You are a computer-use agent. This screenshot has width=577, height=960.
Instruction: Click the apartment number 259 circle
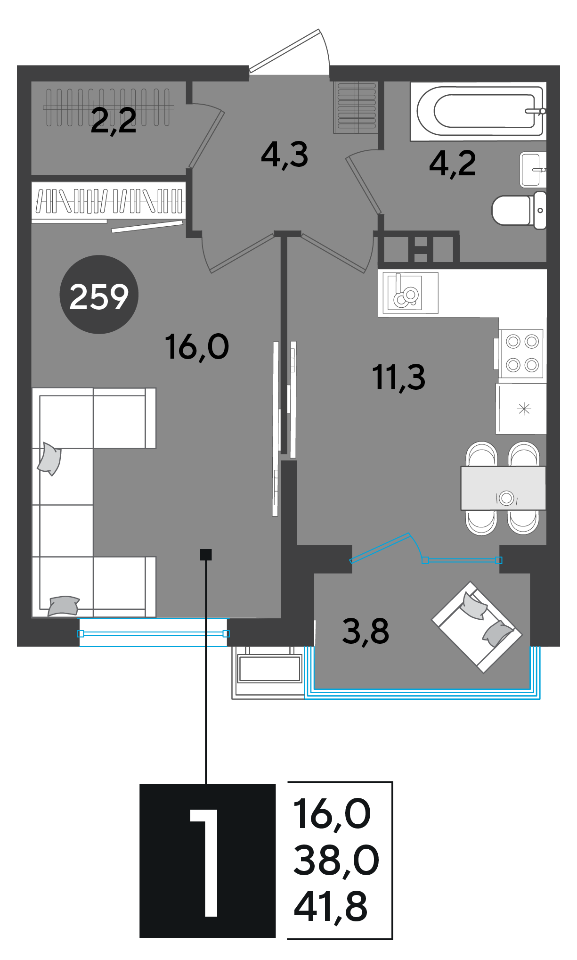(x=99, y=295)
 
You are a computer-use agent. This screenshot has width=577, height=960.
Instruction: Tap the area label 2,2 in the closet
(x=114, y=121)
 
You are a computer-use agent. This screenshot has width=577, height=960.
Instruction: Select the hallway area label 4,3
(x=284, y=155)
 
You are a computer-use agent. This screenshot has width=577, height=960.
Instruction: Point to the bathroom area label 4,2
(x=453, y=164)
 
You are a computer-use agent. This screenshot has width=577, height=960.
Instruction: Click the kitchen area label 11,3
(x=398, y=378)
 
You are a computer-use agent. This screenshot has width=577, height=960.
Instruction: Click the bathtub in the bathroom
(x=478, y=112)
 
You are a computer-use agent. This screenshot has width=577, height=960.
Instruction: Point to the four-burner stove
(x=521, y=353)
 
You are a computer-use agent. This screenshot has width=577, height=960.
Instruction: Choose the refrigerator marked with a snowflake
(x=521, y=409)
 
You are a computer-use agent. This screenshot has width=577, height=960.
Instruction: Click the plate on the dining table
(x=507, y=498)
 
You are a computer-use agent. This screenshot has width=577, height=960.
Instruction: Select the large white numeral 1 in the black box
(x=205, y=863)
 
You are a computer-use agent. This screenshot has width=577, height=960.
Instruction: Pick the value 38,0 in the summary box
(x=336, y=860)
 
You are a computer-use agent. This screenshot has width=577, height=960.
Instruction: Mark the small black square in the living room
(x=206, y=555)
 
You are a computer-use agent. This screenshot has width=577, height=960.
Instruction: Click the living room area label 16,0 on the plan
(x=197, y=347)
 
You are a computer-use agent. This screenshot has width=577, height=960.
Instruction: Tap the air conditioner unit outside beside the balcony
(x=270, y=669)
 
